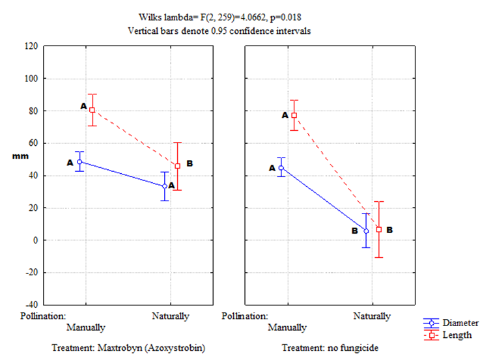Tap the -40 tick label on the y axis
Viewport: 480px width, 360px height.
[x=29, y=305]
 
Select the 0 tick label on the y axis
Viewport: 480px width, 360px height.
[x=34, y=240]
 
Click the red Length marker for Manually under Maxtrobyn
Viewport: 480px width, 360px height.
[x=92, y=110]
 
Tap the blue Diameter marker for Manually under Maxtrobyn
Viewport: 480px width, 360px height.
[x=79, y=162]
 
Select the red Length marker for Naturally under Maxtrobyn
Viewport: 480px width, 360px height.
[x=177, y=166]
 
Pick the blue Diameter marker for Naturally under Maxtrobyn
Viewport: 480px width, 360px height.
[x=165, y=186]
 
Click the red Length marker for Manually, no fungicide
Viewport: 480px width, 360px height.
[x=294, y=115]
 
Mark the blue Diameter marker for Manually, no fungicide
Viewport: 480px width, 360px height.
[x=281, y=168]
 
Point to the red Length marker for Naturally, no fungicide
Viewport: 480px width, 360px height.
[x=378, y=229]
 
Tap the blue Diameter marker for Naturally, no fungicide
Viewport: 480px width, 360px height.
[x=366, y=231]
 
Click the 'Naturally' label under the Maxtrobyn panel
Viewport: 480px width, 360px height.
[x=171, y=316]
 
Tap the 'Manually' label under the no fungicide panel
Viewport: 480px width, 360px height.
[x=287, y=327]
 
